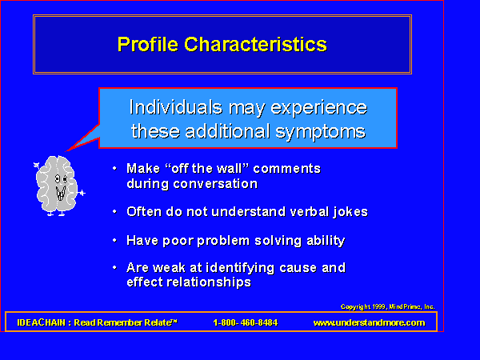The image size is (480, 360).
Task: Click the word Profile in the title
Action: pyautogui.click(x=147, y=45)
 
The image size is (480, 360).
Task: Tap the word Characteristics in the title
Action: pyautogui.click(x=256, y=44)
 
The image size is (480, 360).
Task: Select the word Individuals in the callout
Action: pyautogui.click(x=176, y=107)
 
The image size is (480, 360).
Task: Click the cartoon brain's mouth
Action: pyautogui.click(x=61, y=193)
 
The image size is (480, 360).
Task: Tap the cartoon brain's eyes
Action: pyautogui.click(x=61, y=178)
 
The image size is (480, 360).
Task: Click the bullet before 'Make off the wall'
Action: pyautogui.click(x=114, y=168)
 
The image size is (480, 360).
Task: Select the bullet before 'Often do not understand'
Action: pyautogui.click(x=114, y=211)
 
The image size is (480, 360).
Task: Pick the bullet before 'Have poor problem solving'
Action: pyautogui.click(x=114, y=240)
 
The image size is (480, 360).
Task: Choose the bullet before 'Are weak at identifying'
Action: pyautogui.click(x=114, y=267)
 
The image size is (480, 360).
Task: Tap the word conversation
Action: pyautogui.click(x=215, y=184)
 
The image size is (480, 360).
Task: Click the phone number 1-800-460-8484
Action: pyautogui.click(x=246, y=322)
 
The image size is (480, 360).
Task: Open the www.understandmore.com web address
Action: pyautogui.click(x=369, y=322)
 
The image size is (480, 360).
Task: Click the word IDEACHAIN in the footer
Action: pyautogui.click(x=42, y=322)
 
